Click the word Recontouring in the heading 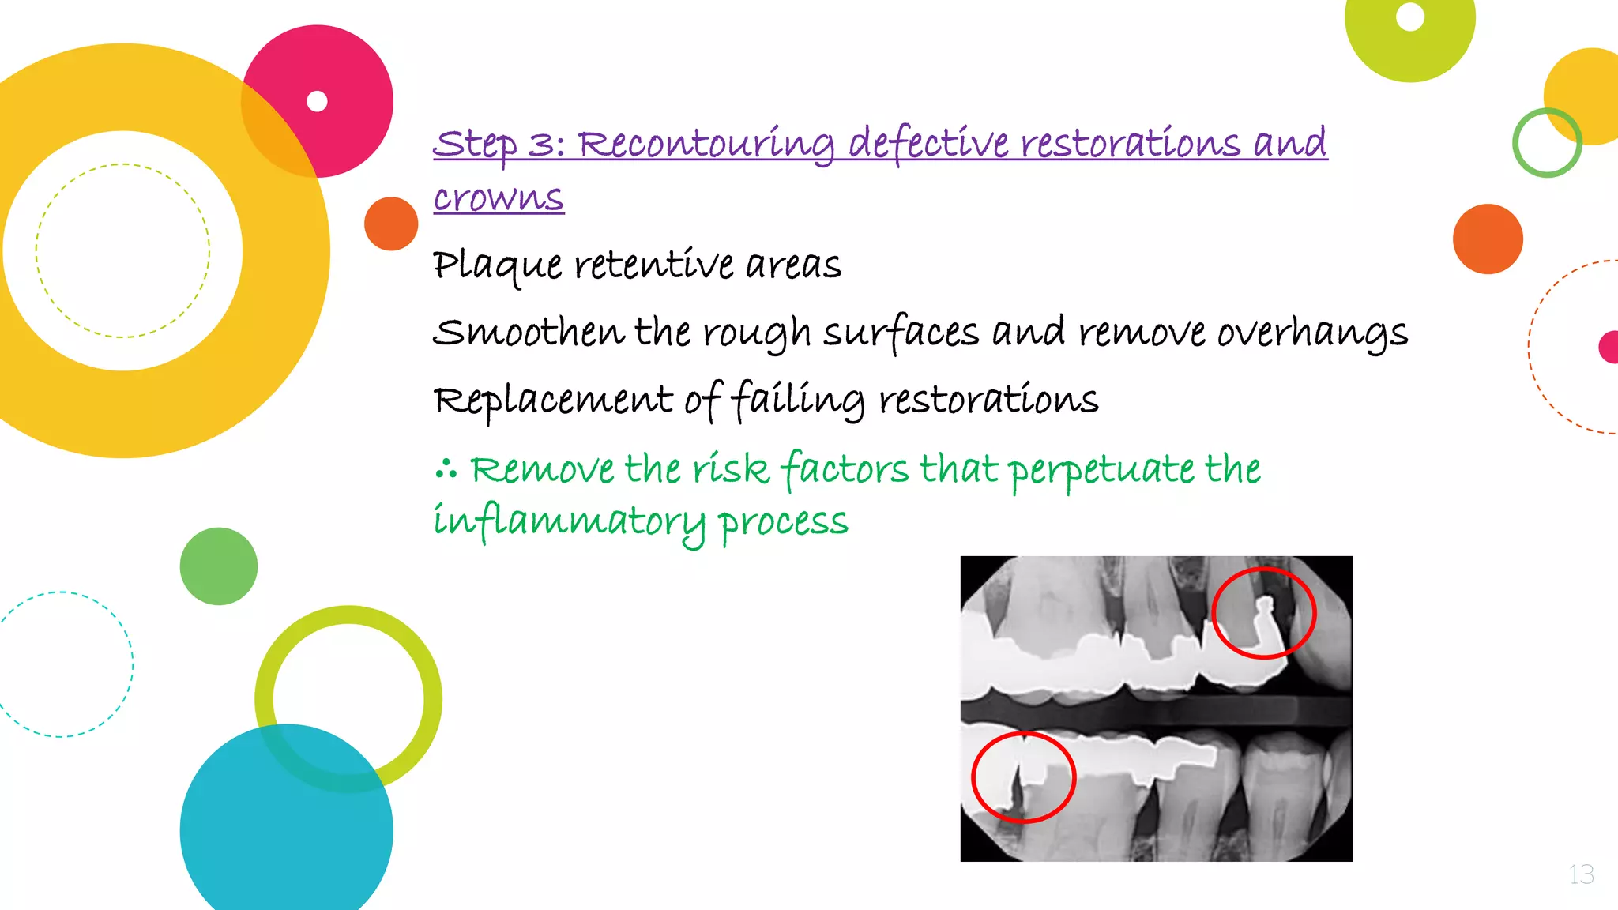click(706, 144)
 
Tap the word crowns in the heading click(499, 197)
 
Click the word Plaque click(497, 265)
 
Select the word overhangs click(1311, 333)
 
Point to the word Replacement click(553, 400)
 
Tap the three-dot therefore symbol click(446, 469)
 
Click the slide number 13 click(1581, 874)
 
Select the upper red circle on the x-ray click(1264, 612)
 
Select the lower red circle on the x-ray click(1023, 777)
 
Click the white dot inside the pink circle click(317, 101)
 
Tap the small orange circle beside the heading click(391, 224)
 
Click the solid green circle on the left click(219, 566)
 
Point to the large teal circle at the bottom click(286, 829)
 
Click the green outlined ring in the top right click(1547, 143)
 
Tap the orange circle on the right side click(1488, 239)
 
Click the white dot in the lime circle click(1410, 17)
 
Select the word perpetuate click(1102, 469)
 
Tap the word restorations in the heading click(1130, 144)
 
